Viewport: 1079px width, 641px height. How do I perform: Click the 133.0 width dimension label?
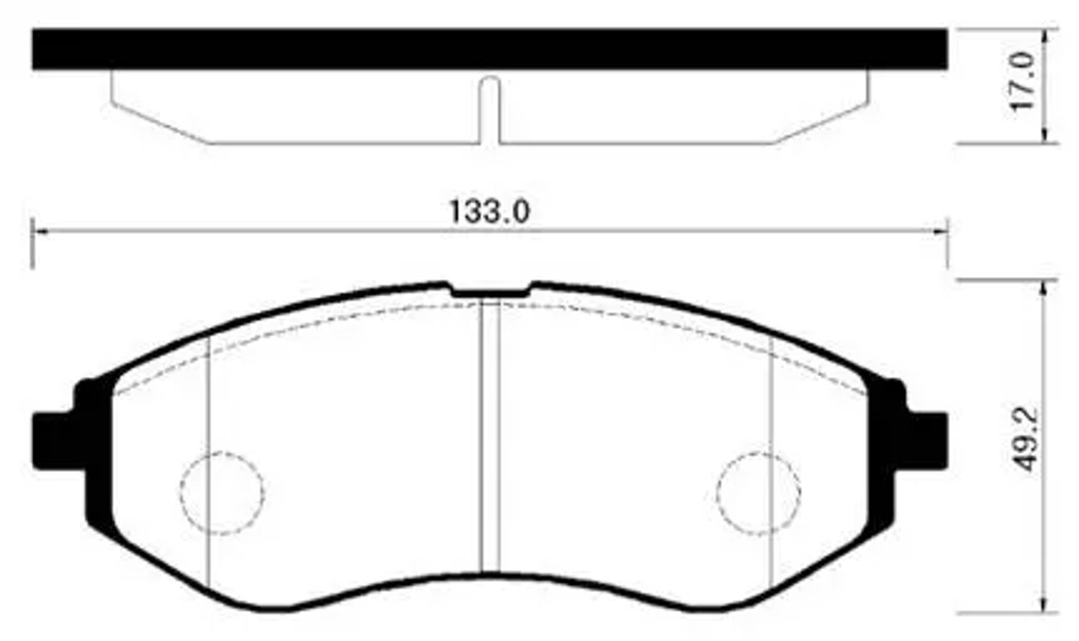[x=489, y=212]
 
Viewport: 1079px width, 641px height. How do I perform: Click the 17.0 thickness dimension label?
[x=1025, y=81]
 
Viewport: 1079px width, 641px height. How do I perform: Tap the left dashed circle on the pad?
[x=222, y=493]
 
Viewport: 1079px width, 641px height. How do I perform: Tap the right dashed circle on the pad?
[x=759, y=493]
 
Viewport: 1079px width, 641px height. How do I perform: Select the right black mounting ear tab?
[x=925, y=441]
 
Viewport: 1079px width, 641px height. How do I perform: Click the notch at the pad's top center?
[x=490, y=292]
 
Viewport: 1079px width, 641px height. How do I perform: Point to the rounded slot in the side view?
[x=490, y=106]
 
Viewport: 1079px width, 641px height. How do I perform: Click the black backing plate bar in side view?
[x=490, y=48]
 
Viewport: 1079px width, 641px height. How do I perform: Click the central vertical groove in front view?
[x=490, y=438]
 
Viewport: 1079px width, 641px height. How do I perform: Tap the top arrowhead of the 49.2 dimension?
[x=1043, y=288]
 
